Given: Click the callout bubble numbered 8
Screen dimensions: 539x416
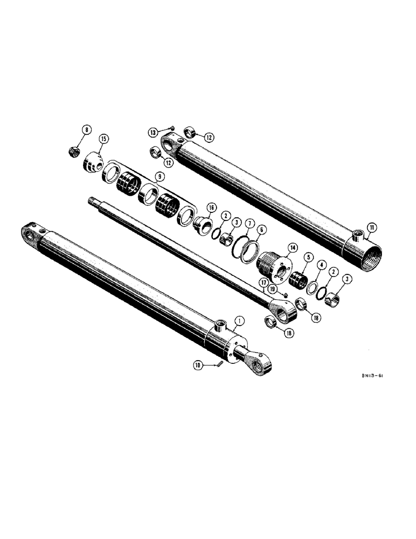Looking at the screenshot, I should point(86,129).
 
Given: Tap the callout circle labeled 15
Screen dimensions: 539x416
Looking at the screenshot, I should point(103,139).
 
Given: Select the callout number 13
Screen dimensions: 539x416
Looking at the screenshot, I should point(154,132).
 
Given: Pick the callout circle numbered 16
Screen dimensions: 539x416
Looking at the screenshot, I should point(211,208).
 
